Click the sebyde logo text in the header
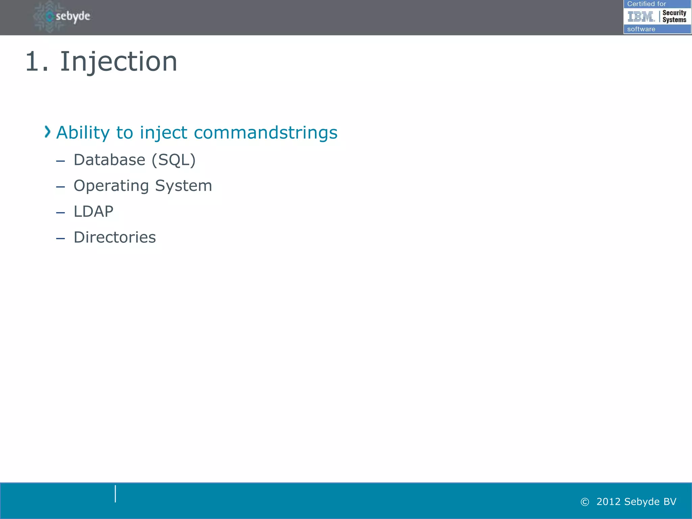[x=73, y=16]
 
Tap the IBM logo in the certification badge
[x=641, y=16]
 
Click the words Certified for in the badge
[x=646, y=4]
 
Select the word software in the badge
[x=641, y=29]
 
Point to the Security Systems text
[x=674, y=16]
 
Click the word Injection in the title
[x=118, y=62]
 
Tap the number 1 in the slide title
[x=33, y=62]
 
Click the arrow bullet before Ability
[x=47, y=132]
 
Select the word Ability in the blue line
[x=83, y=132]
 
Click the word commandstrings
[x=266, y=132]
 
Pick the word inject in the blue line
[x=164, y=132]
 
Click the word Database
[x=109, y=160]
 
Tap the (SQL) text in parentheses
[x=173, y=160]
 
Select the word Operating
[x=111, y=186]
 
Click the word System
[x=183, y=186]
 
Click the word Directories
[x=115, y=238]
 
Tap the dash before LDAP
[x=60, y=213]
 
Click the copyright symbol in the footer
[x=585, y=502]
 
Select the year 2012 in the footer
[x=609, y=502]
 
